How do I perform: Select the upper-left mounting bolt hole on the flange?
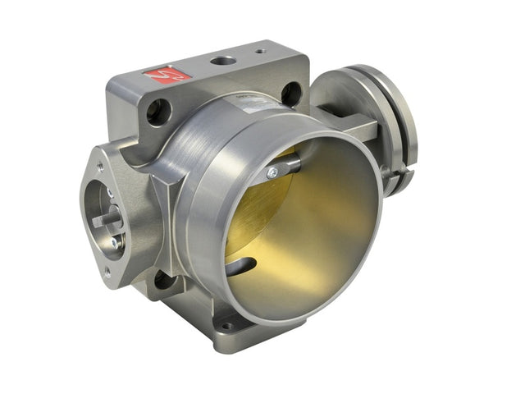point(159,110)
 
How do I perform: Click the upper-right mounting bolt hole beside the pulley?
point(291,93)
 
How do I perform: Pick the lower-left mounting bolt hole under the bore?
point(164,280)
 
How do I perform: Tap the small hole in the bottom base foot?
point(226,326)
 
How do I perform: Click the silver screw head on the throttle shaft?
point(272,173)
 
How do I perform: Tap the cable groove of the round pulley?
point(402,123)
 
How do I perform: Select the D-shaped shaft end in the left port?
point(102,220)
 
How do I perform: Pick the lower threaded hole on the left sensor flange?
point(107,275)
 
